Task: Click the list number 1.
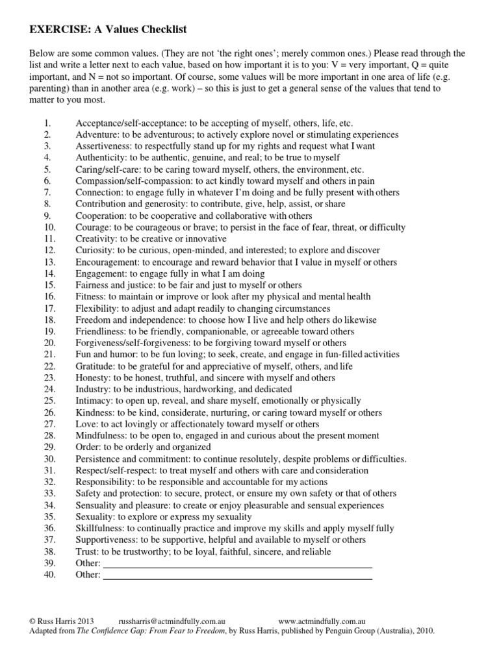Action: coord(47,123)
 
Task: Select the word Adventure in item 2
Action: coord(97,134)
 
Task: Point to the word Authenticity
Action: coord(101,158)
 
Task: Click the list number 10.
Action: coord(50,227)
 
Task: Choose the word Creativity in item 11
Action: coord(97,239)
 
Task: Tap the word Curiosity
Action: coord(96,251)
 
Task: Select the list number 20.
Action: coord(50,343)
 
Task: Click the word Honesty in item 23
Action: coord(94,378)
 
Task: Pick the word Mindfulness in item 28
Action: coord(101,436)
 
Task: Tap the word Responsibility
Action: coord(105,482)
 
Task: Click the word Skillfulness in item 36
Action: coord(101,528)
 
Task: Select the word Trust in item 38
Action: coord(88,551)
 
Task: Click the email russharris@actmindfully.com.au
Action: coord(172,621)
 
